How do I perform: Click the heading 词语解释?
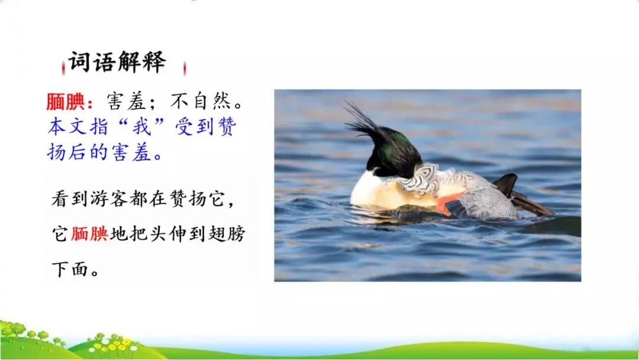(117, 62)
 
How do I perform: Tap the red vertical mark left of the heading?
(63, 68)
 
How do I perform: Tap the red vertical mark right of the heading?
(185, 68)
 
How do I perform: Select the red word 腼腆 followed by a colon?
(70, 102)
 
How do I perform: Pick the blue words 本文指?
(78, 126)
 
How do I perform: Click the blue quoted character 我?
(142, 126)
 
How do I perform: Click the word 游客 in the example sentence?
(109, 199)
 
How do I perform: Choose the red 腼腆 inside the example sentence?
(89, 234)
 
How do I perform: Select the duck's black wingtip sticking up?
(505, 184)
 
